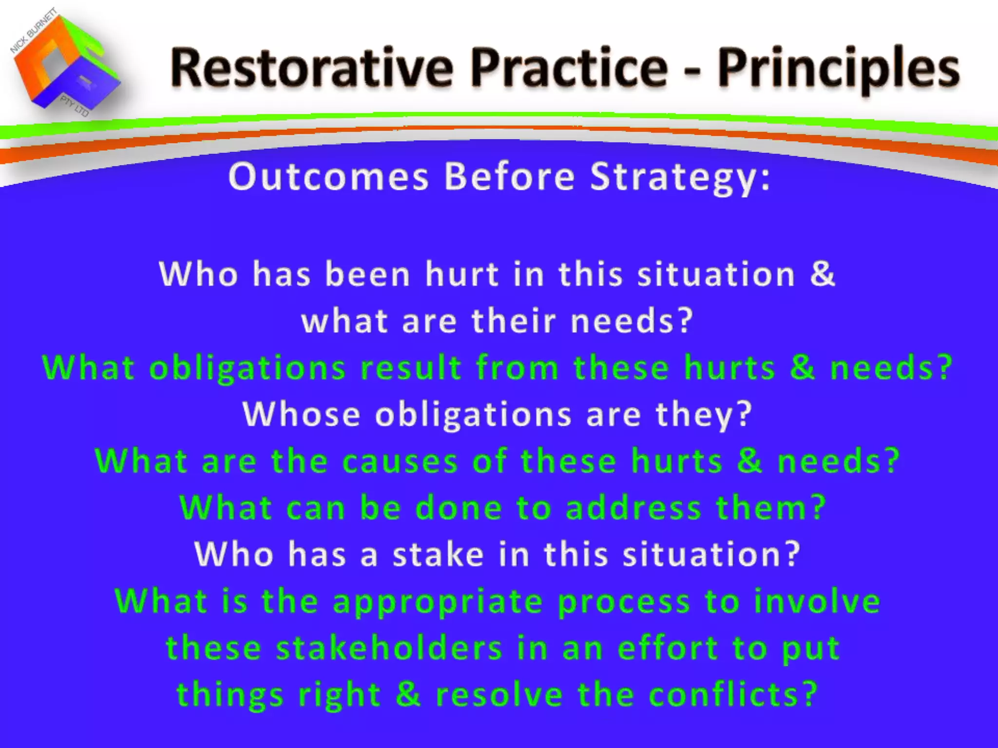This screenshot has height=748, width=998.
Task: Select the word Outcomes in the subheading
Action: pyautogui.click(x=328, y=176)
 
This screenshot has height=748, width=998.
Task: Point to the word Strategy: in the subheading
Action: pyautogui.click(x=680, y=178)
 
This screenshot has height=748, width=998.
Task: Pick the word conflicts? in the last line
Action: pyautogui.click(x=733, y=694)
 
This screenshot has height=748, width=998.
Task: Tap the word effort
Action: pyautogui.click(x=668, y=648)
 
